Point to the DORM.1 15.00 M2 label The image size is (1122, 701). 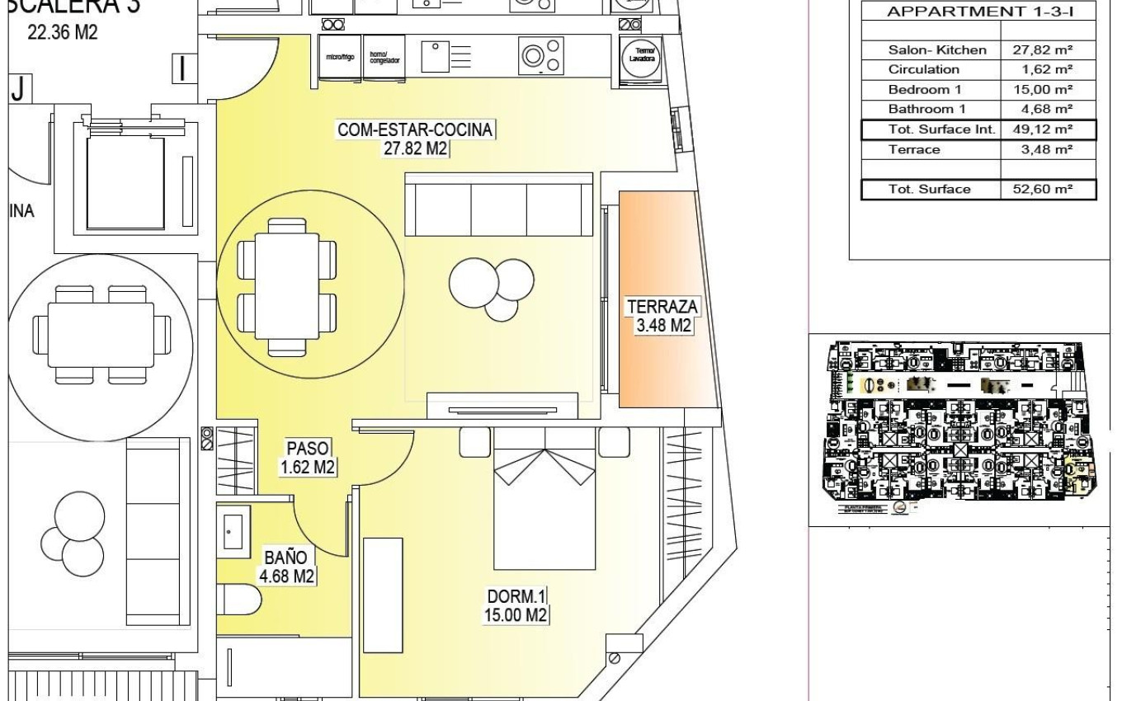pyautogui.click(x=517, y=605)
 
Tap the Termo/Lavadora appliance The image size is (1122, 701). pyautogui.click(x=642, y=58)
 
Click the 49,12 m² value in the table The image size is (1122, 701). pyautogui.click(x=1047, y=129)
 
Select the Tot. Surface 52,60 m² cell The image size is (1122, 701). pyautogui.click(x=1047, y=190)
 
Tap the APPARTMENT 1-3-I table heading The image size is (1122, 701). pyautogui.click(x=978, y=12)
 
